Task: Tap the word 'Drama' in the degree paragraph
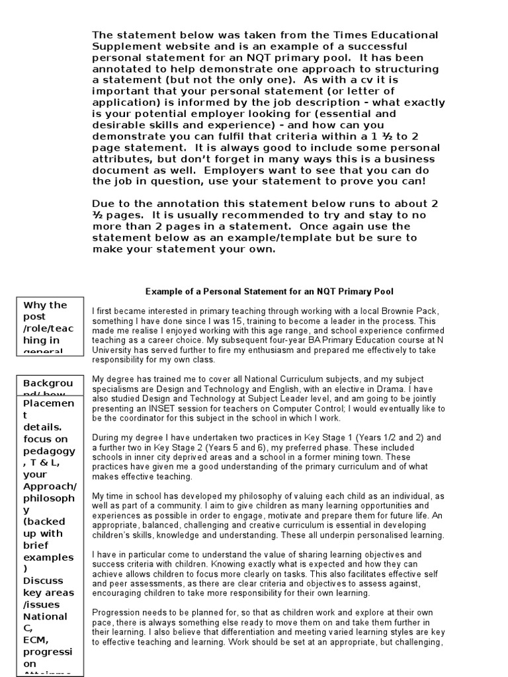click(x=402, y=390)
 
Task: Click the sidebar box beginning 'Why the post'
click(x=50, y=326)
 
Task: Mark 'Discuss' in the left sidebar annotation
click(x=42, y=580)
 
